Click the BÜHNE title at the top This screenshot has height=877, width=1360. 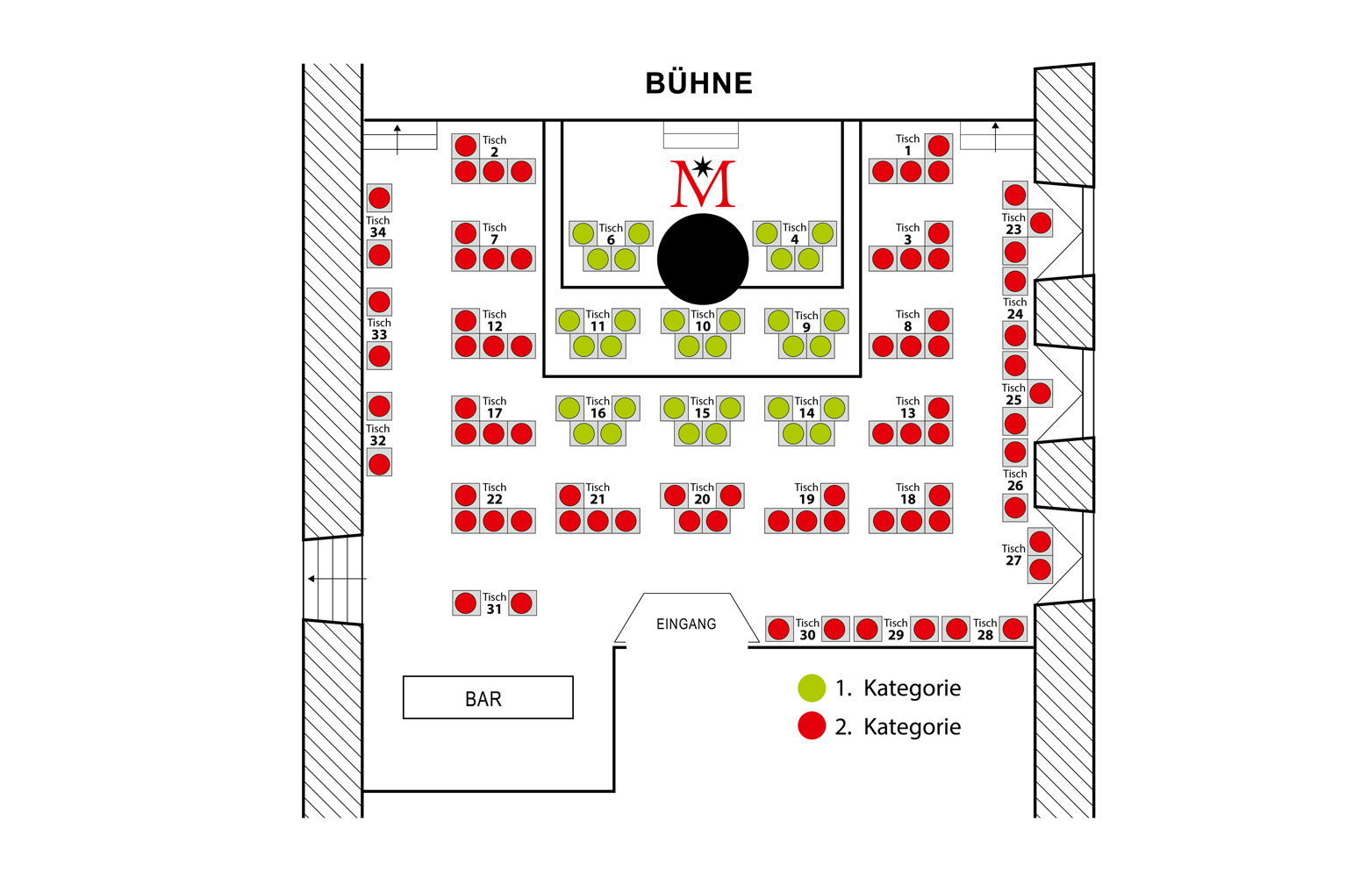698,83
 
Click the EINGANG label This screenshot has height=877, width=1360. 686,624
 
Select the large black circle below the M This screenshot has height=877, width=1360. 702,259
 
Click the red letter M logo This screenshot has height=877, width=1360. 702,183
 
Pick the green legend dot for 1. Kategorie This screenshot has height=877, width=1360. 812,688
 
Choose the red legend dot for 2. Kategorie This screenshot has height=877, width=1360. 812,726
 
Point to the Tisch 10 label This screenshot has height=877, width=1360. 702,320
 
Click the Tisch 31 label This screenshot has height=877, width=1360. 494,602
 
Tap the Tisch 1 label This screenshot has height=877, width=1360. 907,145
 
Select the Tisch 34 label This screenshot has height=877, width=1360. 378,226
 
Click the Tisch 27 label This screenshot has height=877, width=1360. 1013,554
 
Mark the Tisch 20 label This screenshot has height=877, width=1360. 702,494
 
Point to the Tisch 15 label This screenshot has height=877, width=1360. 702,407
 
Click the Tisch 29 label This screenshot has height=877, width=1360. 895,629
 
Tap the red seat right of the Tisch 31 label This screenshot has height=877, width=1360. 521,602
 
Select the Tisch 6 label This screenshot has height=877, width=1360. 611,233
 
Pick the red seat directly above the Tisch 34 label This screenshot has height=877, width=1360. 379,198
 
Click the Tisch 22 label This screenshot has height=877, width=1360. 494,494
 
